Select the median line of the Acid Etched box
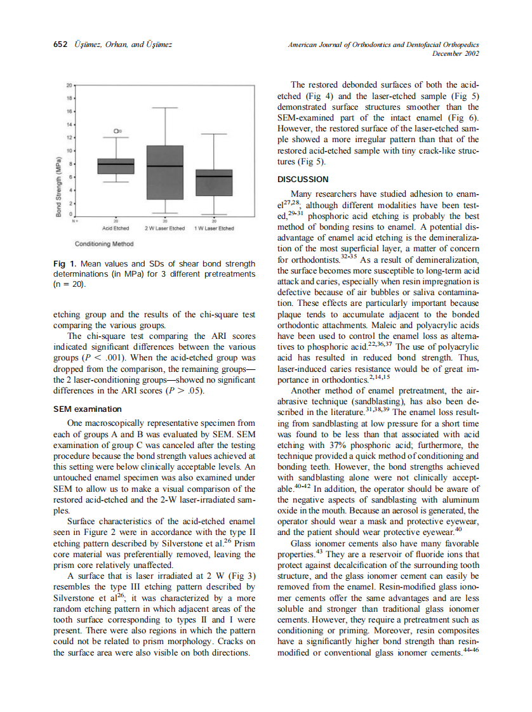[x=116, y=164]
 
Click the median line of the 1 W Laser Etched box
[x=213, y=176]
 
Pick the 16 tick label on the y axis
[x=69, y=111]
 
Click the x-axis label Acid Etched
[x=116, y=228]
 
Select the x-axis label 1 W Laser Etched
[x=213, y=228]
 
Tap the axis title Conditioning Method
[x=103, y=244]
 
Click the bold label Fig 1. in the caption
[x=65, y=263]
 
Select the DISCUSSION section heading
[x=303, y=180]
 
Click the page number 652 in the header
[x=60, y=45]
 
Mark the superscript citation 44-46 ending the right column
[x=470, y=651]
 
